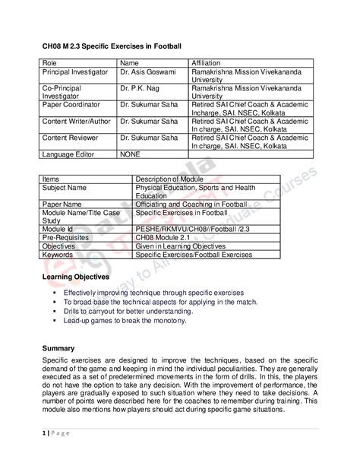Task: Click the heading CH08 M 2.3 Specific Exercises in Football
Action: click(x=112, y=47)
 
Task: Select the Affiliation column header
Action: click(x=209, y=62)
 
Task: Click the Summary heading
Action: click(x=58, y=347)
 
